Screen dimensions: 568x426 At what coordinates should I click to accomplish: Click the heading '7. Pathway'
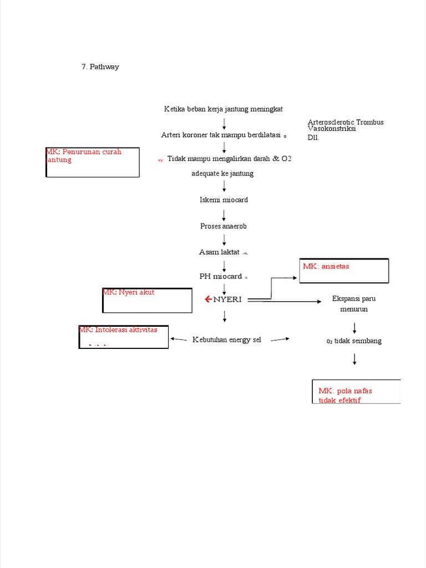tap(100, 67)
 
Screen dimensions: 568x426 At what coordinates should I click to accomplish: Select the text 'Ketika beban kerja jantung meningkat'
tap(223, 109)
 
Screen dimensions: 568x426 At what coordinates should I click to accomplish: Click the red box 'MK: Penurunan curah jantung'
tap(93, 162)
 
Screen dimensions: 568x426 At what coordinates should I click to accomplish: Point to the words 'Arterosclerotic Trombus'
tap(346, 122)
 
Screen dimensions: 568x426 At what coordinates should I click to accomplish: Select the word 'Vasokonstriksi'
tap(332, 129)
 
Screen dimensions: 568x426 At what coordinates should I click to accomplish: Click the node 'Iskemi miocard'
tap(224, 200)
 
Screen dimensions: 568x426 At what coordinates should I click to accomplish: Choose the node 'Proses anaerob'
tap(224, 226)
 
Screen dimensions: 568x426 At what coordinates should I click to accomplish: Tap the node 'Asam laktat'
tap(219, 252)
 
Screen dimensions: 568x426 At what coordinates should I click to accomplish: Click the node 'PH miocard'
tap(221, 276)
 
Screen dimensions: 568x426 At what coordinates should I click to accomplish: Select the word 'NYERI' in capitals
tap(227, 300)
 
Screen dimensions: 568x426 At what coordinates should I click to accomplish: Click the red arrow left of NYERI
tap(207, 300)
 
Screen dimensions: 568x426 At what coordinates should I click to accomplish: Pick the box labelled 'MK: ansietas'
tap(344, 271)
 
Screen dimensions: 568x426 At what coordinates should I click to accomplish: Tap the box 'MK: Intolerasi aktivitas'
tap(123, 337)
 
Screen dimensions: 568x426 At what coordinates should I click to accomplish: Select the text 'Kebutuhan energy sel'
tap(227, 339)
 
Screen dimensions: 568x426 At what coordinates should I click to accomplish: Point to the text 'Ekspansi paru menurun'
tap(354, 304)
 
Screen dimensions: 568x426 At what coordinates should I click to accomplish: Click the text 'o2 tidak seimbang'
tap(354, 341)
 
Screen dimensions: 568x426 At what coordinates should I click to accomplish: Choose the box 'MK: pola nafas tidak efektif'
tap(356, 392)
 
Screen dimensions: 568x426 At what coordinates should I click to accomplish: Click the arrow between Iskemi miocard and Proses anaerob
tap(224, 213)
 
